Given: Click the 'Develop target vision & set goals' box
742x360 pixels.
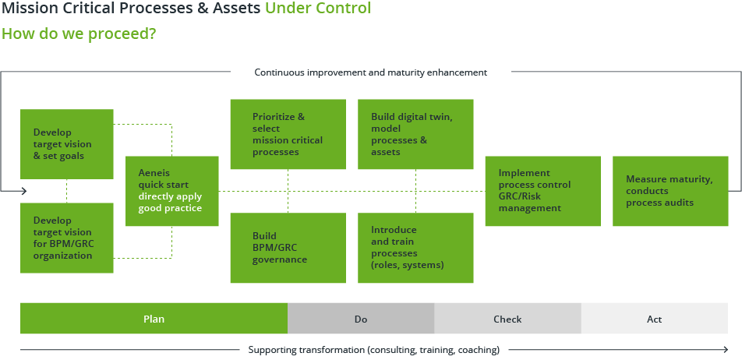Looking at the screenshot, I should pos(67,144).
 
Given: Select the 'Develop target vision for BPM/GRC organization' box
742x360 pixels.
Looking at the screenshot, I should pos(67,238).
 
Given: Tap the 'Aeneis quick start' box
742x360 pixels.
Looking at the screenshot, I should pos(171,191).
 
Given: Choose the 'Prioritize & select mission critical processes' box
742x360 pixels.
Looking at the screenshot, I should pos(288,134).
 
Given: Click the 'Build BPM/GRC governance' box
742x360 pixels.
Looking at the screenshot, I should pos(288,247).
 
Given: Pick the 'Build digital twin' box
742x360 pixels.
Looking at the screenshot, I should pos(415,134).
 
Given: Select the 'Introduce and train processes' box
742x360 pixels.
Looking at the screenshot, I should pos(415,247).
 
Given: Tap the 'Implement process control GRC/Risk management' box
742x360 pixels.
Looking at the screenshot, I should pos(542,191).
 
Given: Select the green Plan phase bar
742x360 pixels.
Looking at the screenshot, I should pos(154,319).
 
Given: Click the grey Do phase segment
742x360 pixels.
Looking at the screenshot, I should pos(361,319).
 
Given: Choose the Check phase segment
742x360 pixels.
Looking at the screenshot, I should pos(507,319).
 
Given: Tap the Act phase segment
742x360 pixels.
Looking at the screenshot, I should pos(655,319).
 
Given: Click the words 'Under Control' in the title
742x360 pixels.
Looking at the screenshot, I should pos(317,9).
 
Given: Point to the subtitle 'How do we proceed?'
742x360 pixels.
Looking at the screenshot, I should pos(79,34).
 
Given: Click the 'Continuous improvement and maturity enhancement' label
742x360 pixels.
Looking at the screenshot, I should pos(370,72).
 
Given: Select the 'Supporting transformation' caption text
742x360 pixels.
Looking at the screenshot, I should pos(373,350).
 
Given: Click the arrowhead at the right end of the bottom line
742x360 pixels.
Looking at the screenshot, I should pos(726,350).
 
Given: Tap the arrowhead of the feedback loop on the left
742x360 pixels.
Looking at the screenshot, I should pos(24,191).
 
